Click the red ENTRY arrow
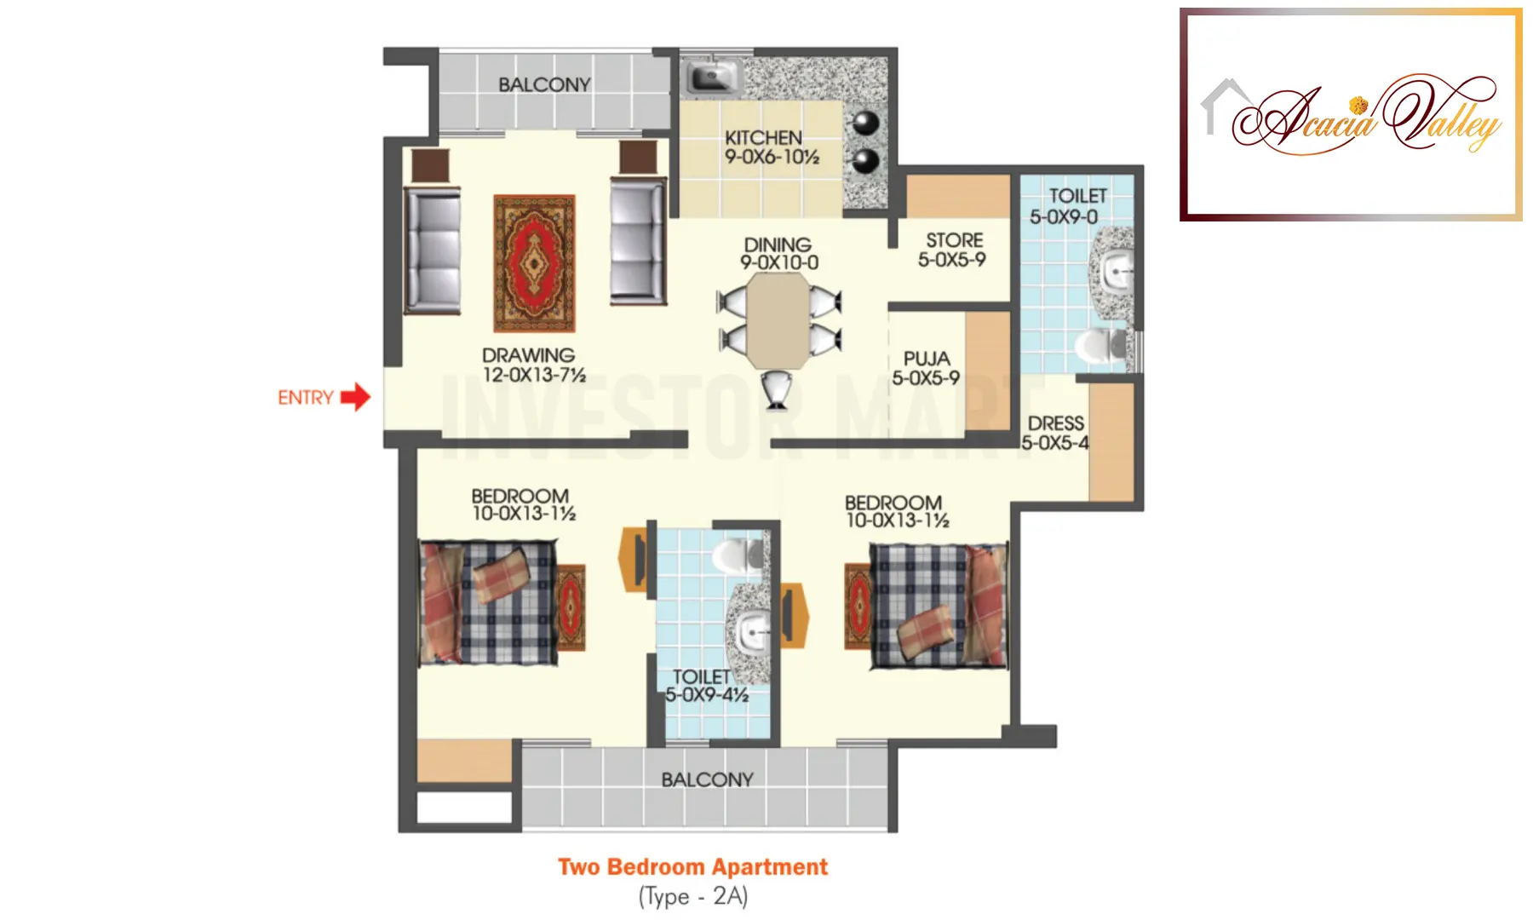pos(356,397)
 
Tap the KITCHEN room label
pos(763,137)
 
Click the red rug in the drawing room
pos(534,263)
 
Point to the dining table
pos(778,319)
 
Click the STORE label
pos(954,240)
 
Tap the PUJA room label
pos(927,359)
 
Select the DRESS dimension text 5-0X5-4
pos(1054,443)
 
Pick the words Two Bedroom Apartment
pos(692,867)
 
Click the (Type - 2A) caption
pos(692,896)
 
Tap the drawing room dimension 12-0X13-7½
pos(534,375)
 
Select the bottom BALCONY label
pos(707,779)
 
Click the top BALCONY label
pos(544,84)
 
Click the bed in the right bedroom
pos(938,605)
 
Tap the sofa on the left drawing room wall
pos(433,250)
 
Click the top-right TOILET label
pos(1077,196)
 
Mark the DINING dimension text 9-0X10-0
pos(779,263)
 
